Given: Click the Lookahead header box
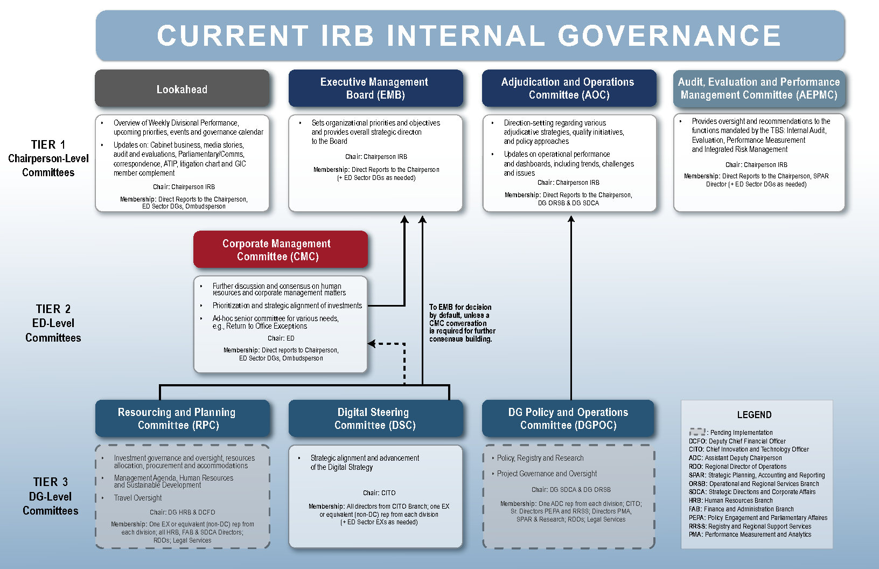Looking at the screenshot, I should (182, 89).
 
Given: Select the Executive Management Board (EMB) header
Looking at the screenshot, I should (375, 88).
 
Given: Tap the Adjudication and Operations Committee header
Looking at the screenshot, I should (568, 88).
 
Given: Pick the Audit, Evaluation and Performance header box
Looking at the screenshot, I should (759, 88).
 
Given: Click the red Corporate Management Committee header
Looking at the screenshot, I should (280, 249).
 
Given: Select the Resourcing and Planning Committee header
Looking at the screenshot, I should (182, 418).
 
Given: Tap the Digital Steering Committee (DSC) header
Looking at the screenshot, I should (375, 418).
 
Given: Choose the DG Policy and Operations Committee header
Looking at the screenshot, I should (568, 418).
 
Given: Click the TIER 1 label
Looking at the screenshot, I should (48, 144).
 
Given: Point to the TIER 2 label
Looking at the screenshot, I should (53, 309).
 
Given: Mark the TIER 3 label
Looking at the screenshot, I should (50, 482).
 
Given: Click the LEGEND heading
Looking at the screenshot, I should (754, 414).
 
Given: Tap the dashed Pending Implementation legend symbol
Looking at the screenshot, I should (697, 432).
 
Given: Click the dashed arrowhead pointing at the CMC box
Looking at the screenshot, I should (372, 343).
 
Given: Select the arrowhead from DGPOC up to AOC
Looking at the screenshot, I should (571, 219).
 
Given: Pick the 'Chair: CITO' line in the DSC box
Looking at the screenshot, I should (379, 492).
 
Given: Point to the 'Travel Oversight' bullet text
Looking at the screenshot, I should (137, 498).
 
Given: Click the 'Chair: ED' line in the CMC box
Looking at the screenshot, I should (281, 338).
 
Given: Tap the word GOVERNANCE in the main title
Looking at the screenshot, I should (669, 36).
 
